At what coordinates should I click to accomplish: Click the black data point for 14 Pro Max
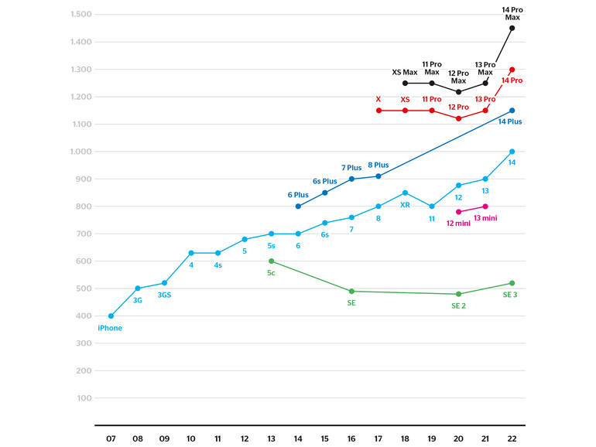click(x=512, y=28)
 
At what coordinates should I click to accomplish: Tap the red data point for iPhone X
click(x=378, y=111)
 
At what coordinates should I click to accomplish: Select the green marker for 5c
click(x=271, y=261)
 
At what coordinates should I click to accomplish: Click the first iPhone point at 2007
click(x=111, y=316)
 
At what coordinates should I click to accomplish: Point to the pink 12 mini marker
click(x=458, y=212)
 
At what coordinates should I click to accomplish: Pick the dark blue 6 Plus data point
click(x=298, y=206)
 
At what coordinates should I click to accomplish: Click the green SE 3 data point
click(x=512, y=283)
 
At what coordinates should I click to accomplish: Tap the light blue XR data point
click(x=405, y=193)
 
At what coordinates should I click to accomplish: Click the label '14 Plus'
click(x=510, y=122)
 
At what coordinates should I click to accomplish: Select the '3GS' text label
click(x=164, y=295)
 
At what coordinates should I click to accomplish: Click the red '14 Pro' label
click(x=512, y=80)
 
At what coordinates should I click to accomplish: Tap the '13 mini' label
click(x=485, y=219)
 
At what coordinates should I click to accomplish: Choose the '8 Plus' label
click(x=378, y=165)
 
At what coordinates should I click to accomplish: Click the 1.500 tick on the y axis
click(x=81, y=15)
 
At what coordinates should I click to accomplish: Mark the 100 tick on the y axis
click(x=84, y=398)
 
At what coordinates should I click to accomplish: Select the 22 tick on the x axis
click(x=512, y=439)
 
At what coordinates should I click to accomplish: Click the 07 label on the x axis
click(x=111, y=439)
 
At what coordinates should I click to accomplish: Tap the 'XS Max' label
click(x=404, y=72)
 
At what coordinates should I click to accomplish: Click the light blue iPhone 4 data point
click(x=191, y=253)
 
